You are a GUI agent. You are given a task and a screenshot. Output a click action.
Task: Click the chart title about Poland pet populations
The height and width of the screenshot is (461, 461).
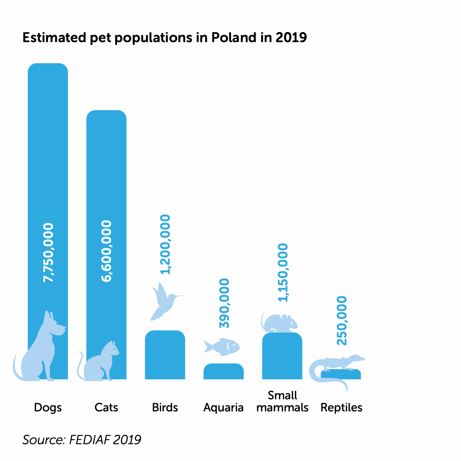(164, 37)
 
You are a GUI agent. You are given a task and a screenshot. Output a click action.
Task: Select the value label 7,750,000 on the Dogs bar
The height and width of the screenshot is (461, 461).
(48, 253)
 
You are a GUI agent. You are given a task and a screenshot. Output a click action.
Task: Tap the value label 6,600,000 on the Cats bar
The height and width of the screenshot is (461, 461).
(106, 251)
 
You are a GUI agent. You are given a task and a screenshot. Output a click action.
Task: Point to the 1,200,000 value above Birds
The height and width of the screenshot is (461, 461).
(166, 244)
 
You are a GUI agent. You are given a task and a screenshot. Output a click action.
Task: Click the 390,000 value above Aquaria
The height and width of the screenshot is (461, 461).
(224, 303)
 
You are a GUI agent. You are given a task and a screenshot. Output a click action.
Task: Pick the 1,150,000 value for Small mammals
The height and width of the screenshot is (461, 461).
(283, 272)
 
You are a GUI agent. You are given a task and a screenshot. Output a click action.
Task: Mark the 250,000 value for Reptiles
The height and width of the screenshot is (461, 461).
(342, 320)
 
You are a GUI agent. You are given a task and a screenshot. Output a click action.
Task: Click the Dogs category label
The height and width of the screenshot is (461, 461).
(48, 408)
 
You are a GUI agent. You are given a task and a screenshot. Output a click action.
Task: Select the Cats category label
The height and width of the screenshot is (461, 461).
(106, 408)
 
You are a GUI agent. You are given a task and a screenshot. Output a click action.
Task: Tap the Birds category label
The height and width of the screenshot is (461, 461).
(165, 408)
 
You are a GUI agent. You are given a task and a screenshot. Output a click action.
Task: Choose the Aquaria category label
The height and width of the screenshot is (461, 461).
(223, 408)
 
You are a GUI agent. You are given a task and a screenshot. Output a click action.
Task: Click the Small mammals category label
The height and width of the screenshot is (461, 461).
(283, 402)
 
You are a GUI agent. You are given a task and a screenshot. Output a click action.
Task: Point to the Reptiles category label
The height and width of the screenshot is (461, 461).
(342, 408)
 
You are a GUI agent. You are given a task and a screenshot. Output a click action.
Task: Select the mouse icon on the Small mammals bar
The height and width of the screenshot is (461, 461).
(280, 323)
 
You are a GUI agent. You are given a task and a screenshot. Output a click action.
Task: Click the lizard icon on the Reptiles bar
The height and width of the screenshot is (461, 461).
(336, 367)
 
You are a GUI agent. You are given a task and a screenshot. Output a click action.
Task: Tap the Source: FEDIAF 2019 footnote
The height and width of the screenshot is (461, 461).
(82, 440)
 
